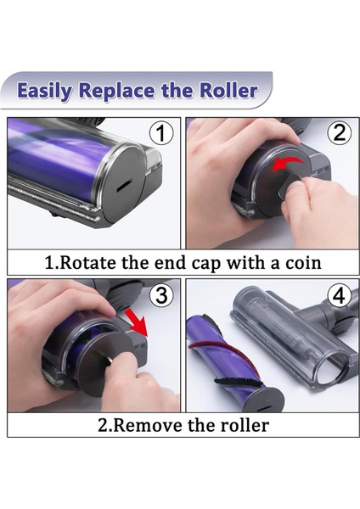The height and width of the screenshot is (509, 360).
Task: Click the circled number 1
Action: [x=161, y=133]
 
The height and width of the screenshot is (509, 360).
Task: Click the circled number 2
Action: [x=340, y=133]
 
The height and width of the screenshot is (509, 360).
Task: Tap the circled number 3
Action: [x=161, y=295]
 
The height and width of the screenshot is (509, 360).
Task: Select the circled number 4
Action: [x=340, y=295]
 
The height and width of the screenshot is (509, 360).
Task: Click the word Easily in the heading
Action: [x=45, y=91]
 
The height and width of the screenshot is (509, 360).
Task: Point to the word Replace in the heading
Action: [x=117, y=92]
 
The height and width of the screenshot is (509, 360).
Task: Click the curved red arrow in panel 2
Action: [x=287, y=163]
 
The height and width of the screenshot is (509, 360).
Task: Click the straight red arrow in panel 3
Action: [x=137, y=322]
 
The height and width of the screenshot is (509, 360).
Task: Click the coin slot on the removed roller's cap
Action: [x=265, y=407]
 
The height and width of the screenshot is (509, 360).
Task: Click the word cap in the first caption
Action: [x=206, y=264]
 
